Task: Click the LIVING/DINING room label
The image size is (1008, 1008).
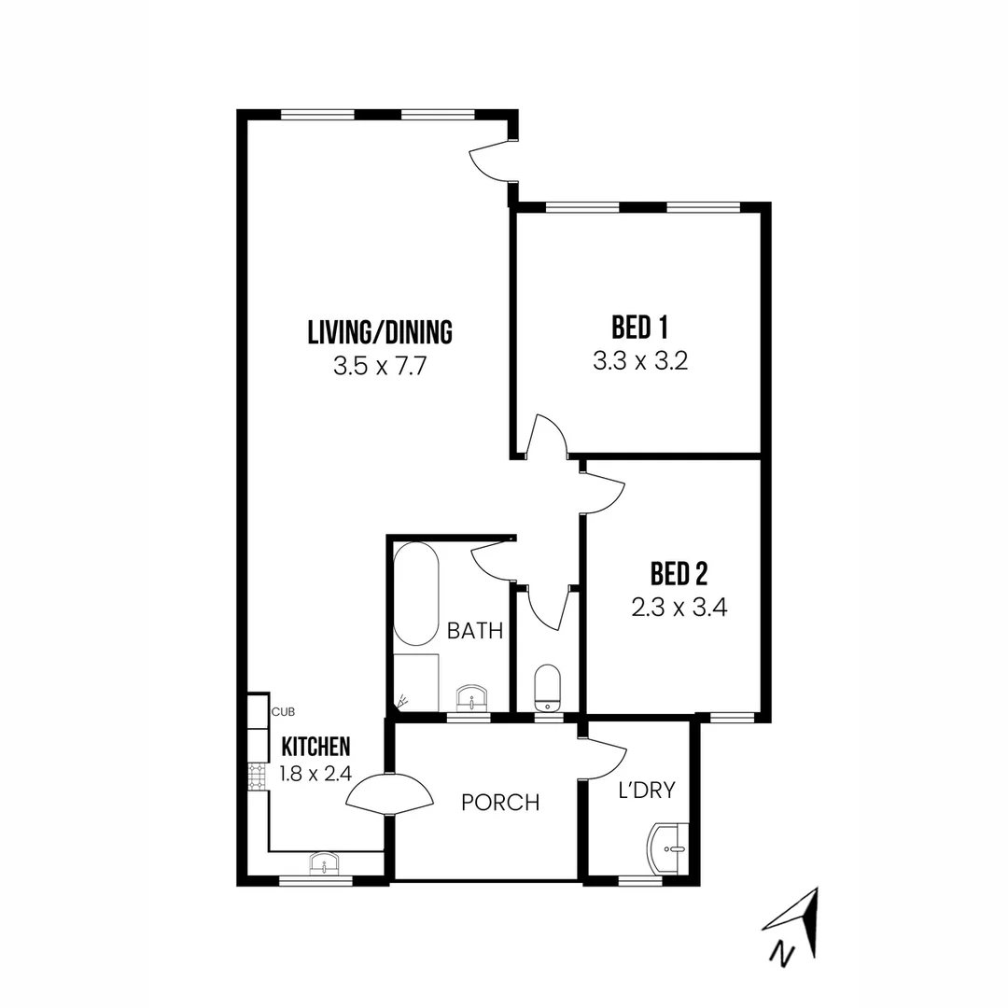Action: coord(380,331)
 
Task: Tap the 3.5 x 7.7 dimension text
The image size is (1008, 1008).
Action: coord(380,366)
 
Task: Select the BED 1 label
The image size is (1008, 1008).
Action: coord(639,328)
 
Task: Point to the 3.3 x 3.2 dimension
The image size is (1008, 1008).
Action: coord(640,361)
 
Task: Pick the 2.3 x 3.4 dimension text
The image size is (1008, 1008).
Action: coord(679,608)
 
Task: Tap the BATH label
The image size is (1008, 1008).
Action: coord(475,631)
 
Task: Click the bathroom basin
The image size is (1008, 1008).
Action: coord(473,697)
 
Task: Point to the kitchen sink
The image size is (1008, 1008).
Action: coord(324,863)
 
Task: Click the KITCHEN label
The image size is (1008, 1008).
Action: coord(316,747)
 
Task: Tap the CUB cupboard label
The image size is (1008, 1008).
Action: coord(283,712)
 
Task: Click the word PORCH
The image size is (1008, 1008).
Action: coord(501,803)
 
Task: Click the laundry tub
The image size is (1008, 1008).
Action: coord(668,848)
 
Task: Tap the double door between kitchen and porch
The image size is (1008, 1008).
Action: coord(389,795)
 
